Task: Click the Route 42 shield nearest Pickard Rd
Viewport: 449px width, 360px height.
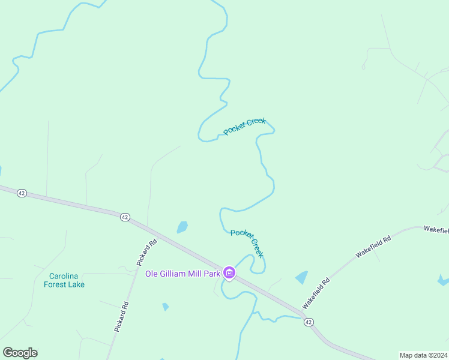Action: pyautogui.click(x=125, y=217)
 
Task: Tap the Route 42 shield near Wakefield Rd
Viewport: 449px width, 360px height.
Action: pyautogui.click(x=309, y=322)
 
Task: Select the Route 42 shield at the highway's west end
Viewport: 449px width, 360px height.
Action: pyautogui.click(x=22, y=193)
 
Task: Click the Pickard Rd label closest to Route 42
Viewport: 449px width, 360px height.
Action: pyautogui.click(x=146, y=253)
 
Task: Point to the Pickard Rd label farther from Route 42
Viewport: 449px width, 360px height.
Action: pyautogui.click(x=121, y=317)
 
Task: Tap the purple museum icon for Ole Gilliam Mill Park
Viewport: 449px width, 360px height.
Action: pyautogui.click(x=229, y=274)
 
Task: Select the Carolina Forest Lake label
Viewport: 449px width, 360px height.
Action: pyautogui.click(x=64, y=280)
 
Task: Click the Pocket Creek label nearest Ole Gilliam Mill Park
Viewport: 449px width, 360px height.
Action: pyautogui.click(x=247, y=243)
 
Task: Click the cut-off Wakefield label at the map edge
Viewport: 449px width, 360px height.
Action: pyautogui.click(x=436, y=230)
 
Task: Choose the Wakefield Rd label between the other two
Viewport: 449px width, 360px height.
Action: pyautogui.click(x=373, y=247)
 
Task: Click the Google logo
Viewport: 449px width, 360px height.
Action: pyautogui.click(x=20, y=353)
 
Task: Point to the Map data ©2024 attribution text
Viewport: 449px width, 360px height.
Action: pyautogui.click(x=423, y=355)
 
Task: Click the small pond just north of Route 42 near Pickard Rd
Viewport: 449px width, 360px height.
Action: pyautogui.click(x=182, y=227)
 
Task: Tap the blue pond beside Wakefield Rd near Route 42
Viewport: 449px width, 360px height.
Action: pyautogui.click(x=301, y=277)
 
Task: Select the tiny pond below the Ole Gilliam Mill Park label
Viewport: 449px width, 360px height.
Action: pyautogui.click(x=165, y=307)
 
